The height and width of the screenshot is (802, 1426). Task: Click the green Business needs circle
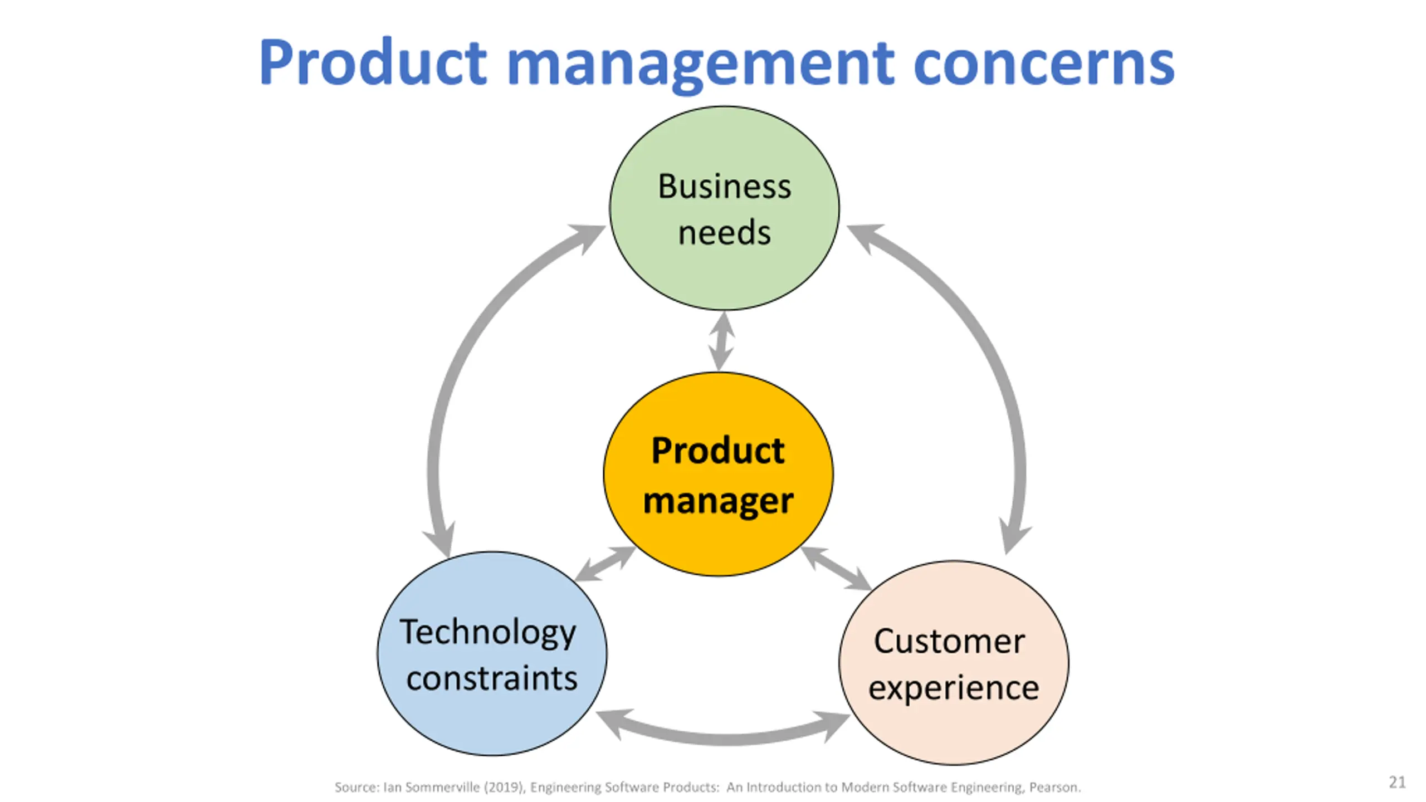pos(724,208)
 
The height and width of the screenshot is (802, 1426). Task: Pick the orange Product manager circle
pos(719,474)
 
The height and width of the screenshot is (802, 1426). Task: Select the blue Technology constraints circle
pos(492,654)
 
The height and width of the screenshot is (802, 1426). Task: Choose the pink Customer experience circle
pos(954,663)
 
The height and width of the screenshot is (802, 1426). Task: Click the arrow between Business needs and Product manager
pos(722,341)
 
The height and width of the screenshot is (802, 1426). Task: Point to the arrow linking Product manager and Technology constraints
pos(605,564)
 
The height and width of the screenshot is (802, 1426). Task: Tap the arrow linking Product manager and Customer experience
pos(836,568)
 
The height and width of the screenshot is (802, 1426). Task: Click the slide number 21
pos(1397,783)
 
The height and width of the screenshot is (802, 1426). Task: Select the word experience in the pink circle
pos(954,688)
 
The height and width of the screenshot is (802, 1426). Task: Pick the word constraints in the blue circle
pos(492,678)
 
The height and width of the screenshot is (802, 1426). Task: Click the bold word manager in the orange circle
pos(718,501)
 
